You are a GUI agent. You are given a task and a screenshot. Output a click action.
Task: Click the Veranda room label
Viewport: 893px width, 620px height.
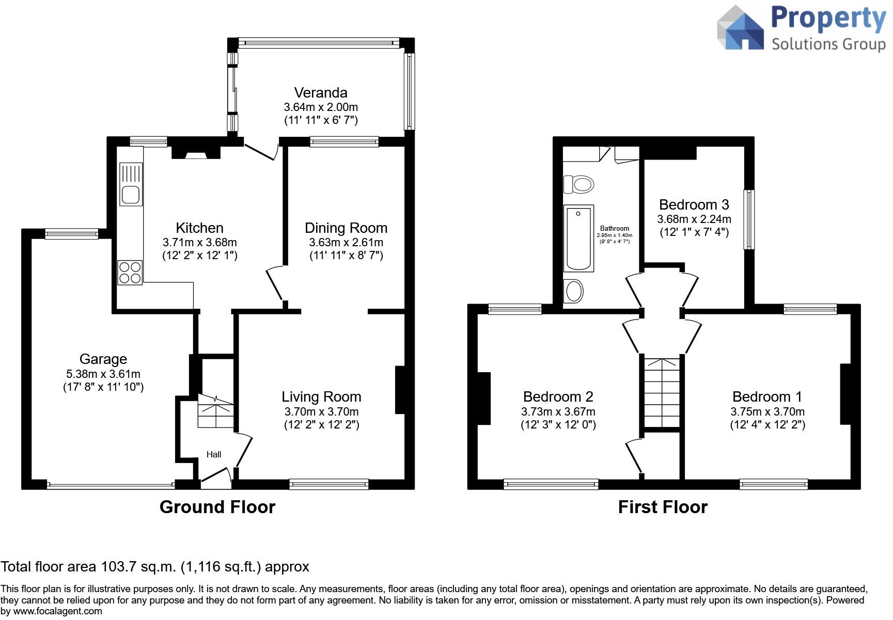tap(321, 93)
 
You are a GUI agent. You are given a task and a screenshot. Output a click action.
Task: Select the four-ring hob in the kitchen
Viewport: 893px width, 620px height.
tap(130, 273)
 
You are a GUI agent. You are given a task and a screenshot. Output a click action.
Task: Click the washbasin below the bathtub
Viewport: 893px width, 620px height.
tap(574, 291)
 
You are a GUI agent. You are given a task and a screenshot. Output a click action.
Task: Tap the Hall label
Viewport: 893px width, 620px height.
tap(214, 454)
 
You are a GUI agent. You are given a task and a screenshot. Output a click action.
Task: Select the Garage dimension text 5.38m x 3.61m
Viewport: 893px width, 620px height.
tap(103, 374)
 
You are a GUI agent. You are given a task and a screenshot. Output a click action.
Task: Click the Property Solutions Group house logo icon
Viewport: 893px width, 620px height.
tap(741, 28)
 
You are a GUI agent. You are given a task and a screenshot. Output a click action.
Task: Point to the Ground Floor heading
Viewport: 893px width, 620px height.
tap(217, 507)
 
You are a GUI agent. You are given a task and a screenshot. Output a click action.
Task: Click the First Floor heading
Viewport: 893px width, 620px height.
tap(663, 507)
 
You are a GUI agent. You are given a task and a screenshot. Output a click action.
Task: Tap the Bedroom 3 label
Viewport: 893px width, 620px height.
tap(694, 204)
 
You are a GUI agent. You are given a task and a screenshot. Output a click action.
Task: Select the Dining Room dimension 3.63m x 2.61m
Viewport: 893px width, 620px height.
tap(346, 242)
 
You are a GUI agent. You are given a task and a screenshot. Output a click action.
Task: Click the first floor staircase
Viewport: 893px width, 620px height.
tap(662, 392)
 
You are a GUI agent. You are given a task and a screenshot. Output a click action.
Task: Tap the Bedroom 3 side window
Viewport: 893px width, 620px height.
tap(748, 219)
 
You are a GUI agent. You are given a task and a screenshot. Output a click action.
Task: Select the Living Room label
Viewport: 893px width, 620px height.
tap(321, 396)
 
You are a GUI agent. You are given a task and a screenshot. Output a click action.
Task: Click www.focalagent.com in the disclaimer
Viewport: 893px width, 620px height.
tap(57, 611)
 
